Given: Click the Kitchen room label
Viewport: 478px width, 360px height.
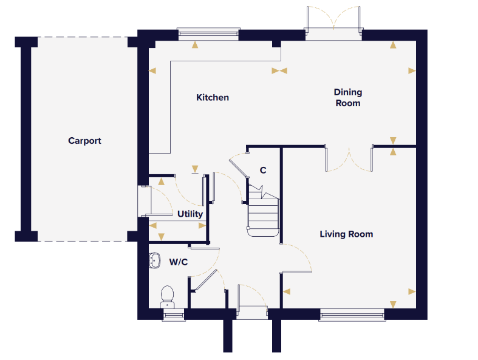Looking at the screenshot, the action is [213, 98].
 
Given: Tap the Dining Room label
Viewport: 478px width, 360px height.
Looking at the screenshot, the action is [348, 98].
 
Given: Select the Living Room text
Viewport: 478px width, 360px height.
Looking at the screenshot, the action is [346, 234].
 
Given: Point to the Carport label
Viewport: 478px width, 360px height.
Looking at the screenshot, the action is [84, 141].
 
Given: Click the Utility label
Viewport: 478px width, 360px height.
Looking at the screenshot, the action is [190, 214].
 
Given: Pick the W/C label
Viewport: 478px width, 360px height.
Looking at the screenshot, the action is [179, 262].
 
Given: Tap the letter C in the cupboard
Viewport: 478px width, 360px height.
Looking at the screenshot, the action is [263, 170].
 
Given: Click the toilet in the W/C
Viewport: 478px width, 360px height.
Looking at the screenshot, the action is [167, 297].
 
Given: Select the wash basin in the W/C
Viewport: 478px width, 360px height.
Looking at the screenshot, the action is [154, 260].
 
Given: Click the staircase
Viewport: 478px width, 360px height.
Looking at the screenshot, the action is [263, 210].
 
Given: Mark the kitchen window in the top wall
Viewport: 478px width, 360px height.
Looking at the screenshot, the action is [208, 34].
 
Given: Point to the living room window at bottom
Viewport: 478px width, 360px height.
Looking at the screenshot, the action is [352, 314].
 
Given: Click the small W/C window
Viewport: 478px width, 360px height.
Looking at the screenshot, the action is [174, 314].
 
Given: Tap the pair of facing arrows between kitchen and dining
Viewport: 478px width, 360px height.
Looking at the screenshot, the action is [279, 71].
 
